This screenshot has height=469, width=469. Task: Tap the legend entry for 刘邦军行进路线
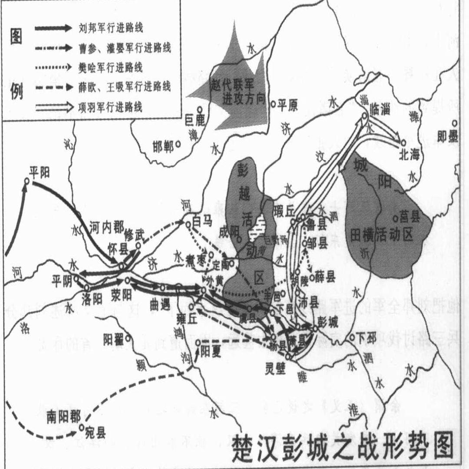click(x=111, y=29)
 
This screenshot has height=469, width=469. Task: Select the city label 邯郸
click(x=164, y=147)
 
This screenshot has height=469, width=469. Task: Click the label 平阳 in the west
click(x=40, y=172)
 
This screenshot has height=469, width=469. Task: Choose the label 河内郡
click(x=106, y=227)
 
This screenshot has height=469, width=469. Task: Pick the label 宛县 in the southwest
click(x=96, y=433)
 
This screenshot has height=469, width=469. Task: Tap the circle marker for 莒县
click(x=396, y=218)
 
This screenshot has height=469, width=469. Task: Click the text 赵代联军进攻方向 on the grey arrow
click(x=238, y=92)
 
